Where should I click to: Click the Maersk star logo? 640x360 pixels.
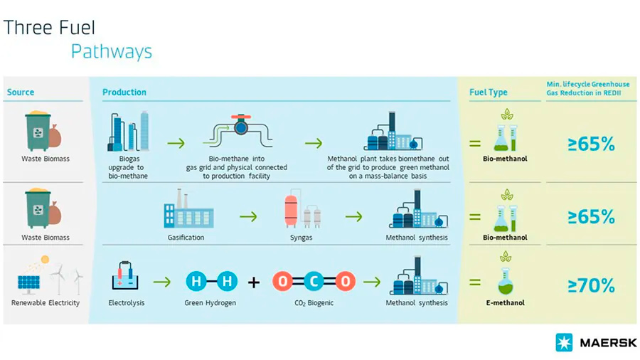tap(565, 343)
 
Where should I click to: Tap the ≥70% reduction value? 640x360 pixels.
tap(591, 285)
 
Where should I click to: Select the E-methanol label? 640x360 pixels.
tap(505, 303)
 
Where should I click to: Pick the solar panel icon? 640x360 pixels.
tap(31, 282)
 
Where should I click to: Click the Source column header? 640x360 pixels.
tap(21, 92)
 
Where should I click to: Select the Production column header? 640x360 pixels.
tap(124, 92)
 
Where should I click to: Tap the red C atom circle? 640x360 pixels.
tap(313, 282)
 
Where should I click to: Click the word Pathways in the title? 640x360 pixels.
tap(111, 52)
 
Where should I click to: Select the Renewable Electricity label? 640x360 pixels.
tap(46, 303)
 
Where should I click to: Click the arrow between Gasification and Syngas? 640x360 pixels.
tap(248, 216)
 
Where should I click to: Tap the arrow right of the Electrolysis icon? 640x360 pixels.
tap(162, 282)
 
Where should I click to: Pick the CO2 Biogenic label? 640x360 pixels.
tap(313, 303)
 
